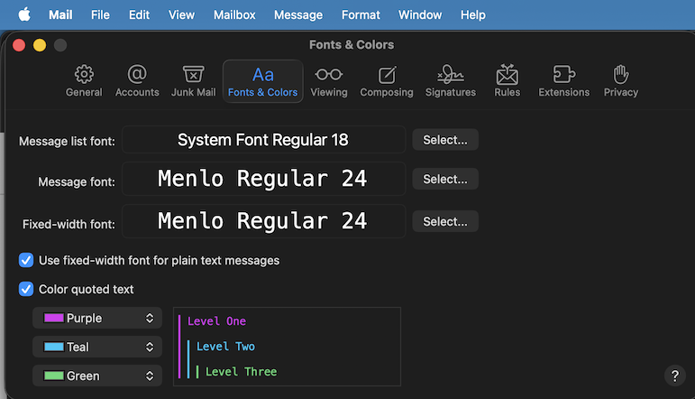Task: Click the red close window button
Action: pos(18,45)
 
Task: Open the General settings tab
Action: pos(84,80)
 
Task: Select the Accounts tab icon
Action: pos(137,80)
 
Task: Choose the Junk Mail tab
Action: pos(193,80)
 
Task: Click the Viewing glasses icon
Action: pos(328,75)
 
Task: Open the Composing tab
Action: pos(386,80)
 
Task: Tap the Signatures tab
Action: pos(450,80)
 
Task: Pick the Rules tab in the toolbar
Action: pos(507,80)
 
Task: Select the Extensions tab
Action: pos(563,80)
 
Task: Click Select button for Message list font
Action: pos(445,140)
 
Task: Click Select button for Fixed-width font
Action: pos(445,221)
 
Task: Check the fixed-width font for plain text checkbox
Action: pos(26,260)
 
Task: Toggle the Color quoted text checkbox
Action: pos(26,289)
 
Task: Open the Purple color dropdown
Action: pos(97,318)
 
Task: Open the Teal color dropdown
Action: pos(97,347)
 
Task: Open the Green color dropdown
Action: pos(97,376)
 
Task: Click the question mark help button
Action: pos(675,376)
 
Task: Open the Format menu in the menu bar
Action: pos(361,14)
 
